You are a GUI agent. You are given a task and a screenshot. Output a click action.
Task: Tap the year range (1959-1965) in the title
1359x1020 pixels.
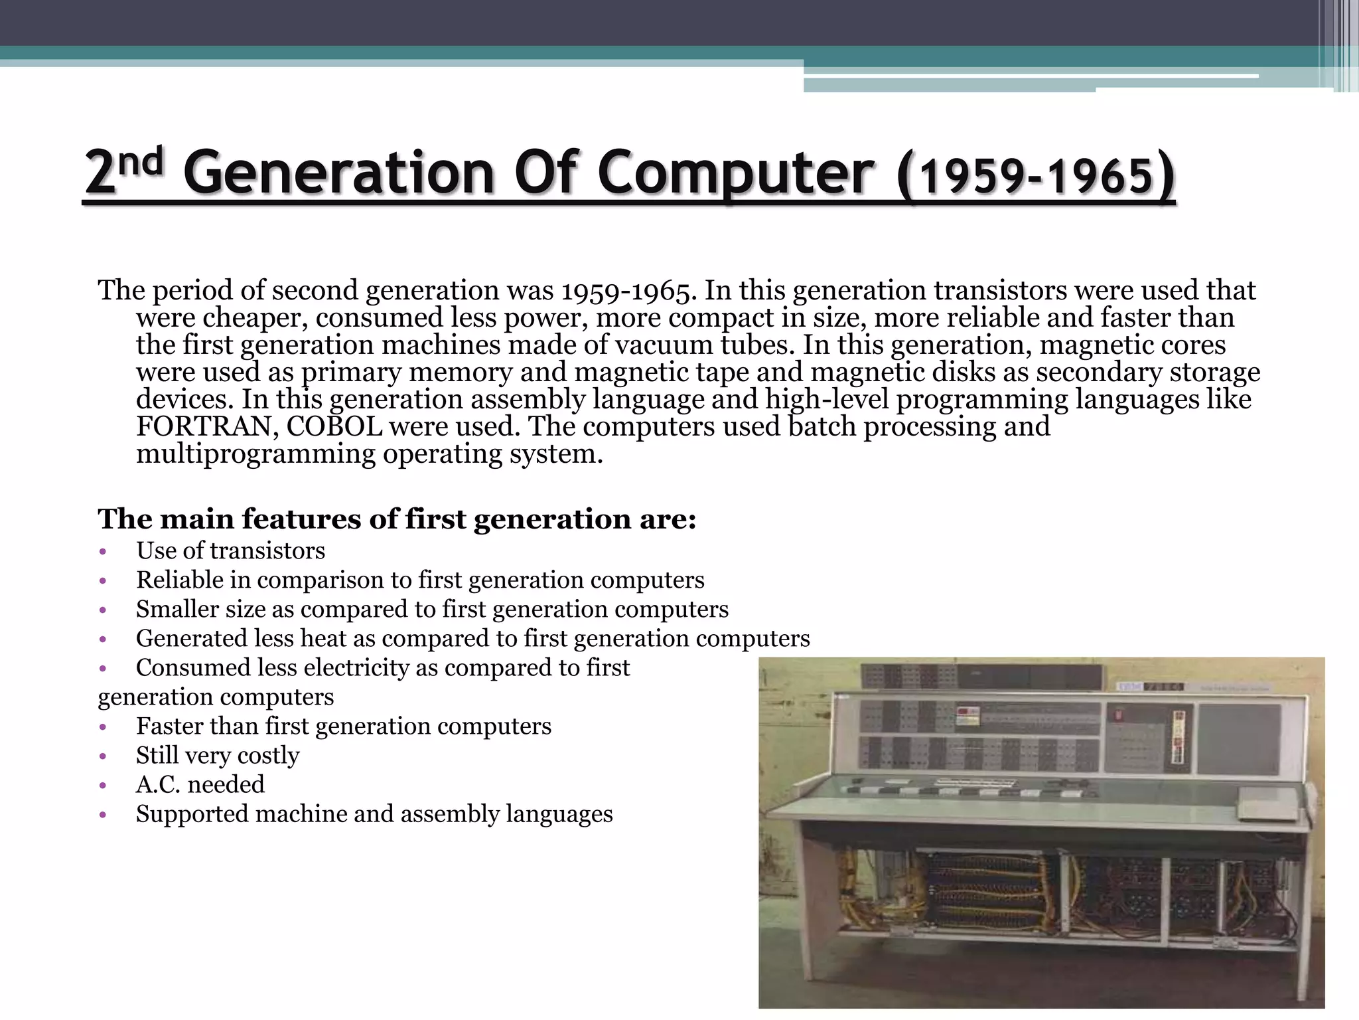[1035, 176]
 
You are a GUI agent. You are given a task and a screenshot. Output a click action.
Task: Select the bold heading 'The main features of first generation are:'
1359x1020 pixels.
[397, 519]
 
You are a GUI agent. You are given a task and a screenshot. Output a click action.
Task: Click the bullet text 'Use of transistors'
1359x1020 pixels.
[230, 551]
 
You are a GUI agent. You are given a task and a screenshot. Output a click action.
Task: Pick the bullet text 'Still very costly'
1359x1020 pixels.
[218, 755]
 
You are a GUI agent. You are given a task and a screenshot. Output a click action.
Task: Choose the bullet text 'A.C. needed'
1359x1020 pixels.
[200, 784]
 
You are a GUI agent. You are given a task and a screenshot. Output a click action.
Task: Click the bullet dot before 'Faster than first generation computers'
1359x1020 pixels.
[102, 726]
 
